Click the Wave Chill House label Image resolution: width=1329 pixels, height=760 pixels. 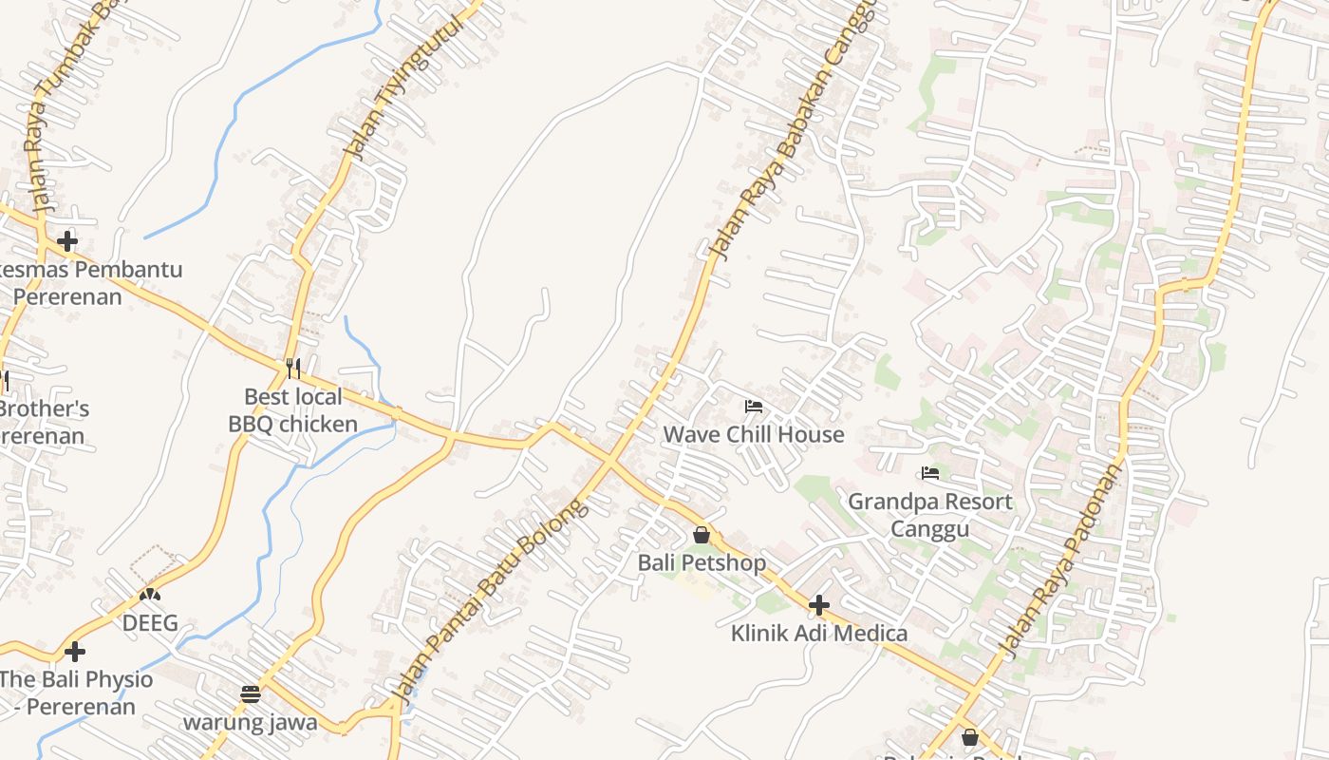753,434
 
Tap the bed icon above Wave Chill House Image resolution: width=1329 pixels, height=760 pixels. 754,407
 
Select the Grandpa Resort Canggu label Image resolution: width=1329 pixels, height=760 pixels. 929,514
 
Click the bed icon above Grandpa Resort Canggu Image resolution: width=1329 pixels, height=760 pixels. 930,472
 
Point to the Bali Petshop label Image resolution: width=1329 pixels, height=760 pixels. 702,562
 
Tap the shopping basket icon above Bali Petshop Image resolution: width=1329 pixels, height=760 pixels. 702,536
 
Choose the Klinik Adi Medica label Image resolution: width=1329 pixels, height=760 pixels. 818,633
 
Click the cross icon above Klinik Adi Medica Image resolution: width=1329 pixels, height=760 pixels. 818,605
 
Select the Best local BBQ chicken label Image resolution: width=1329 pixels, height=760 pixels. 293,409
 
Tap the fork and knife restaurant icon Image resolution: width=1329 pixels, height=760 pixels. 293,368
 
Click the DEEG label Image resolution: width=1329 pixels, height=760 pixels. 150,623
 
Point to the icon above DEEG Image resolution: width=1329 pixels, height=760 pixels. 150,596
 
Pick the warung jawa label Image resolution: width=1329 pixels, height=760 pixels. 251,722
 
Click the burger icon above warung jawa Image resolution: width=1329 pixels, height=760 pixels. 251,694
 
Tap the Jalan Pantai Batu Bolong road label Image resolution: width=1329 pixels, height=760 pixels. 491,602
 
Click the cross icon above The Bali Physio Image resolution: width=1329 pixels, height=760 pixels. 75,652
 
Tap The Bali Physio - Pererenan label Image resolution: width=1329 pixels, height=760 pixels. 74,693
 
